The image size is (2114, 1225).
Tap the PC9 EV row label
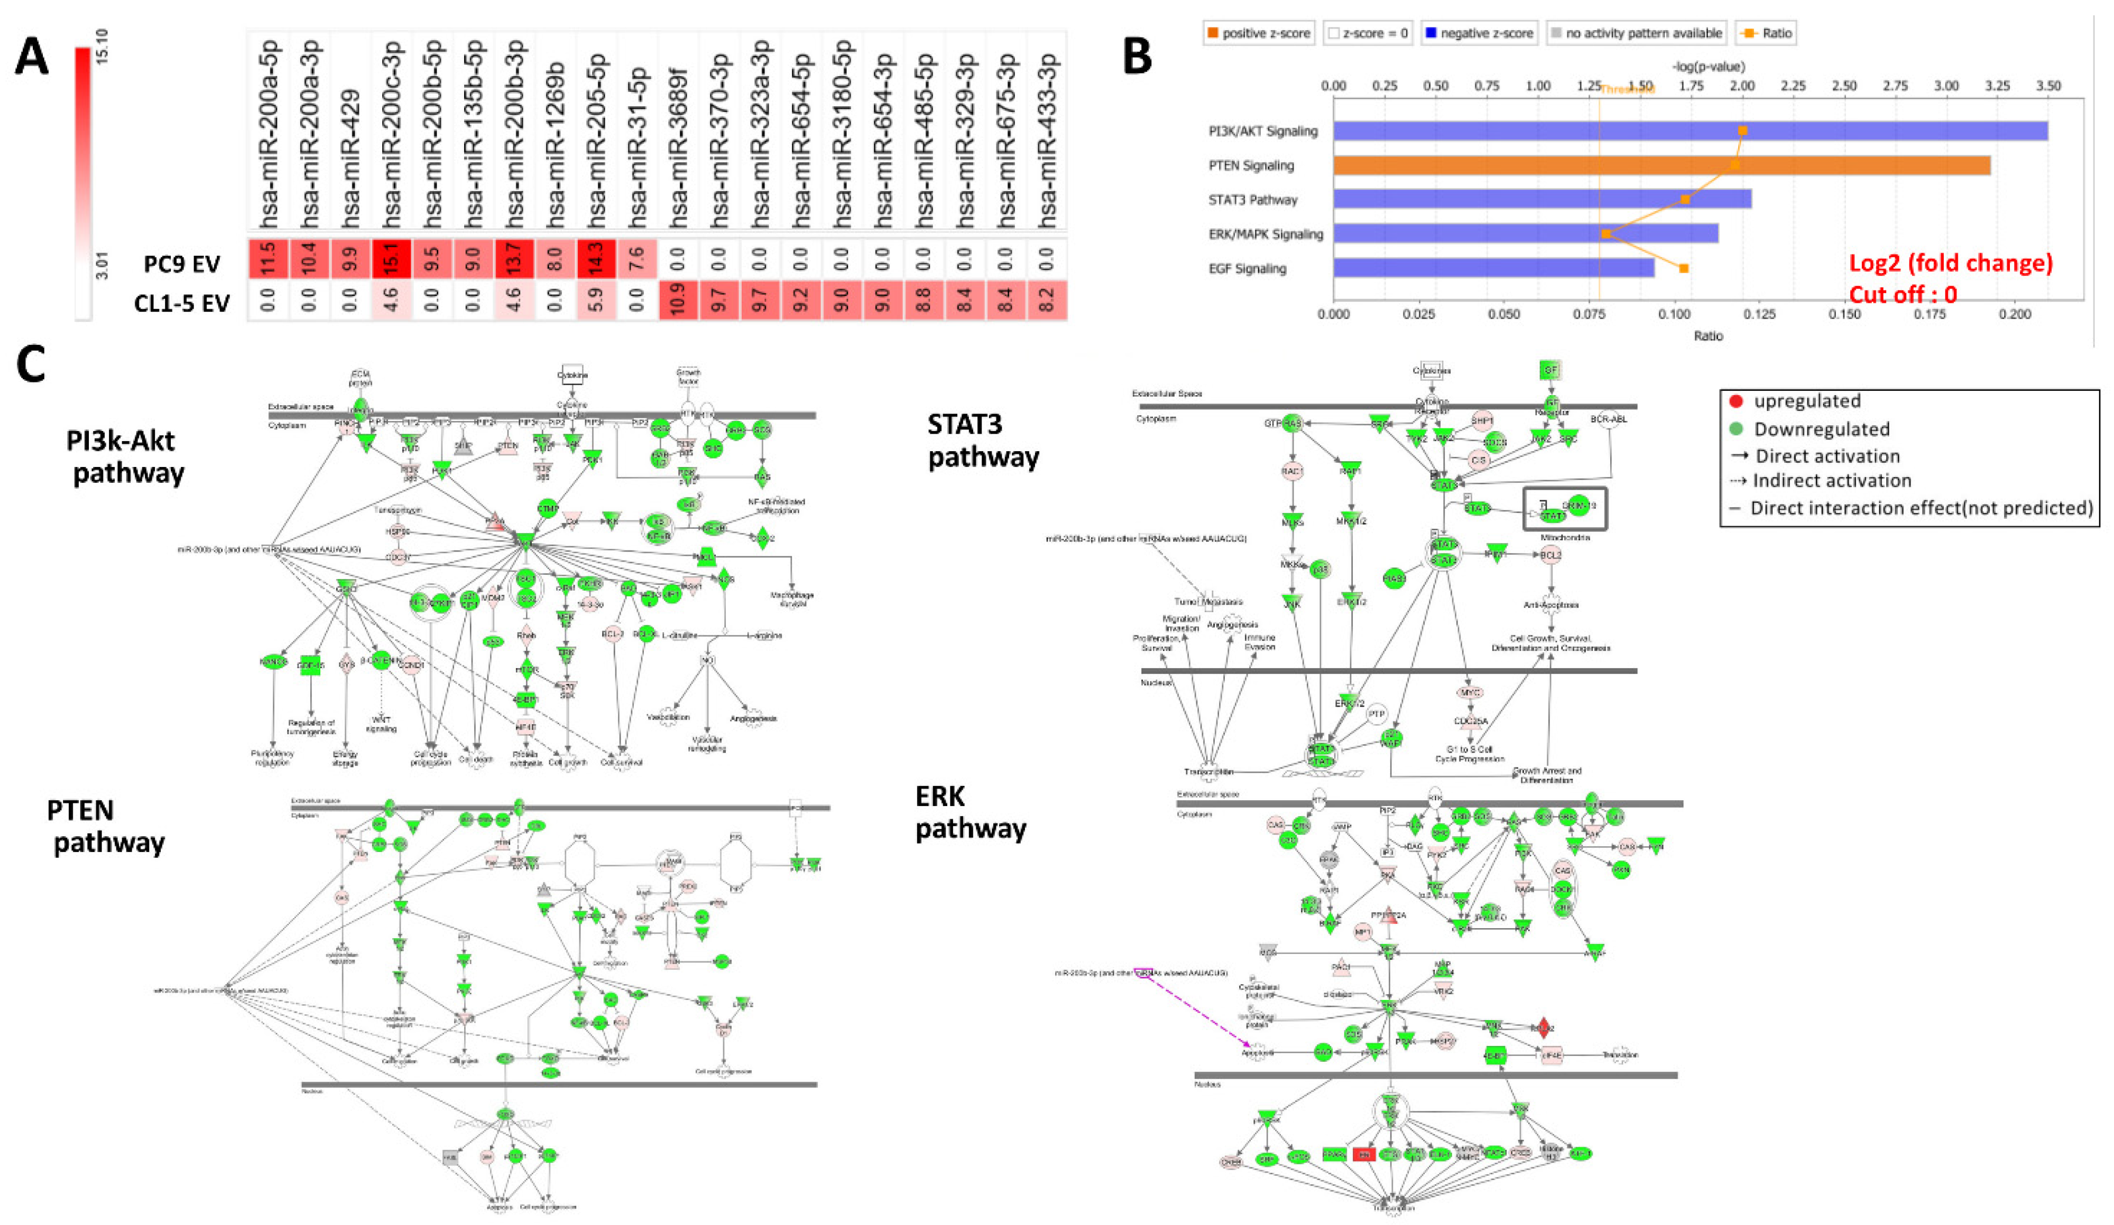(x=182, y=263)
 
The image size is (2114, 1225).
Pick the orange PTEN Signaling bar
(x=1661, y=165)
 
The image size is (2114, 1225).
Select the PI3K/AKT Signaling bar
(x=1690, y=131)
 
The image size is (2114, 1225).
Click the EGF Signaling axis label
(x=1248, y=268)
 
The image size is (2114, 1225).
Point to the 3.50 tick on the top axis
(x=2048, y=86)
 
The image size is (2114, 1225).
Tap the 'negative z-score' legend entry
(x=1478, y=33)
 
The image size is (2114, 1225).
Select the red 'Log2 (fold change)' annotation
(x=1951, y=263)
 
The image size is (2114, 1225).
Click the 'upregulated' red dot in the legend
(x=1737, y=401)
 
